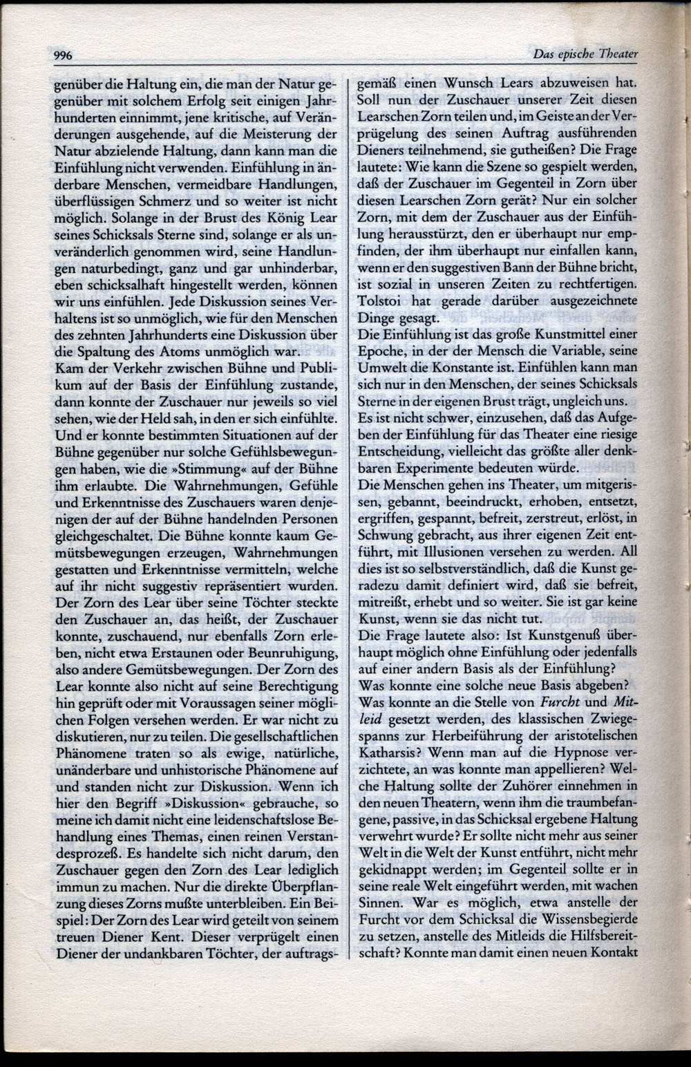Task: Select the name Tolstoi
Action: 379,301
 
